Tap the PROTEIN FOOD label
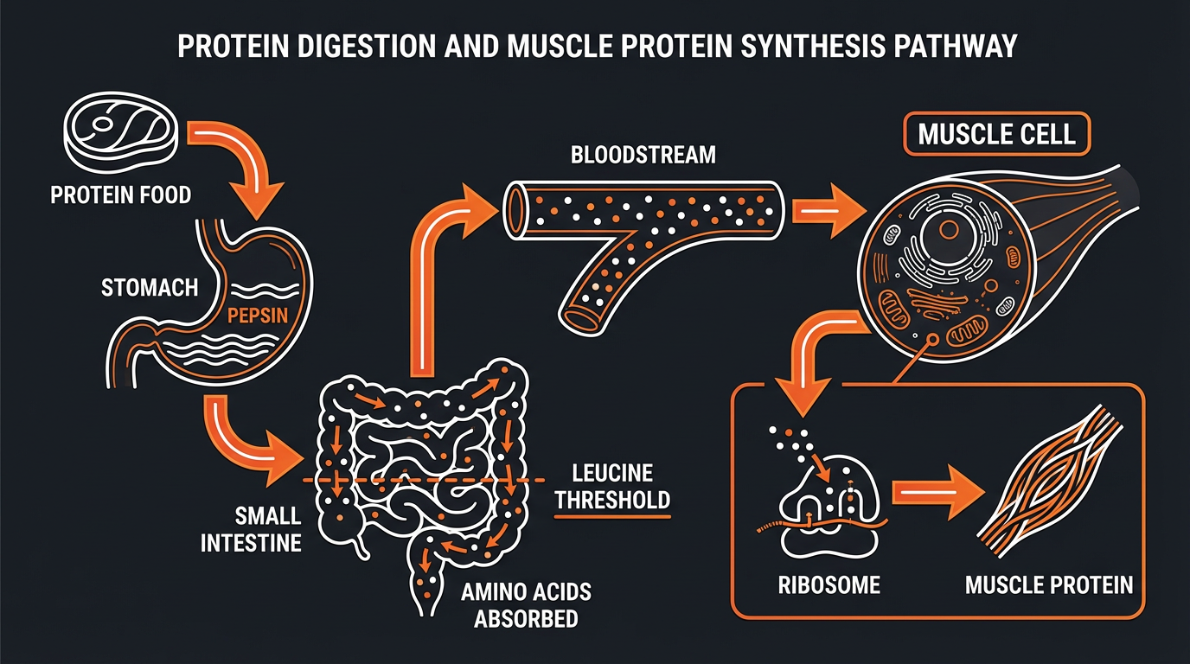click(120, 195)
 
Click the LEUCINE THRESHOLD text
click(612, 486)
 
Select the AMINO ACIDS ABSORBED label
click(526, 604)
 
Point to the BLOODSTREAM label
click(643, 156)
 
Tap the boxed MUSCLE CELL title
click(996, 135)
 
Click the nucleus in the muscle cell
click(948, 230)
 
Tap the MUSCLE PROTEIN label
click(1048, 585)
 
